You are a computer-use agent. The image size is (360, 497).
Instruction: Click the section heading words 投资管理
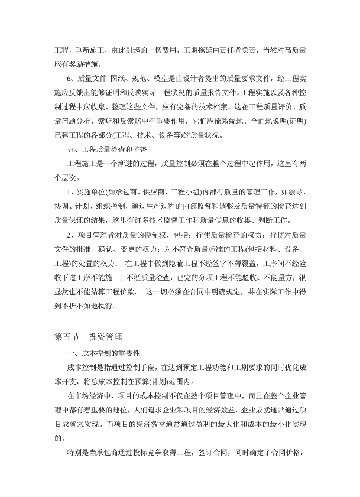(x=105, y=337)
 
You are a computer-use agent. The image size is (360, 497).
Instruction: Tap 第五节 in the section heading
(x=66, y=337)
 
